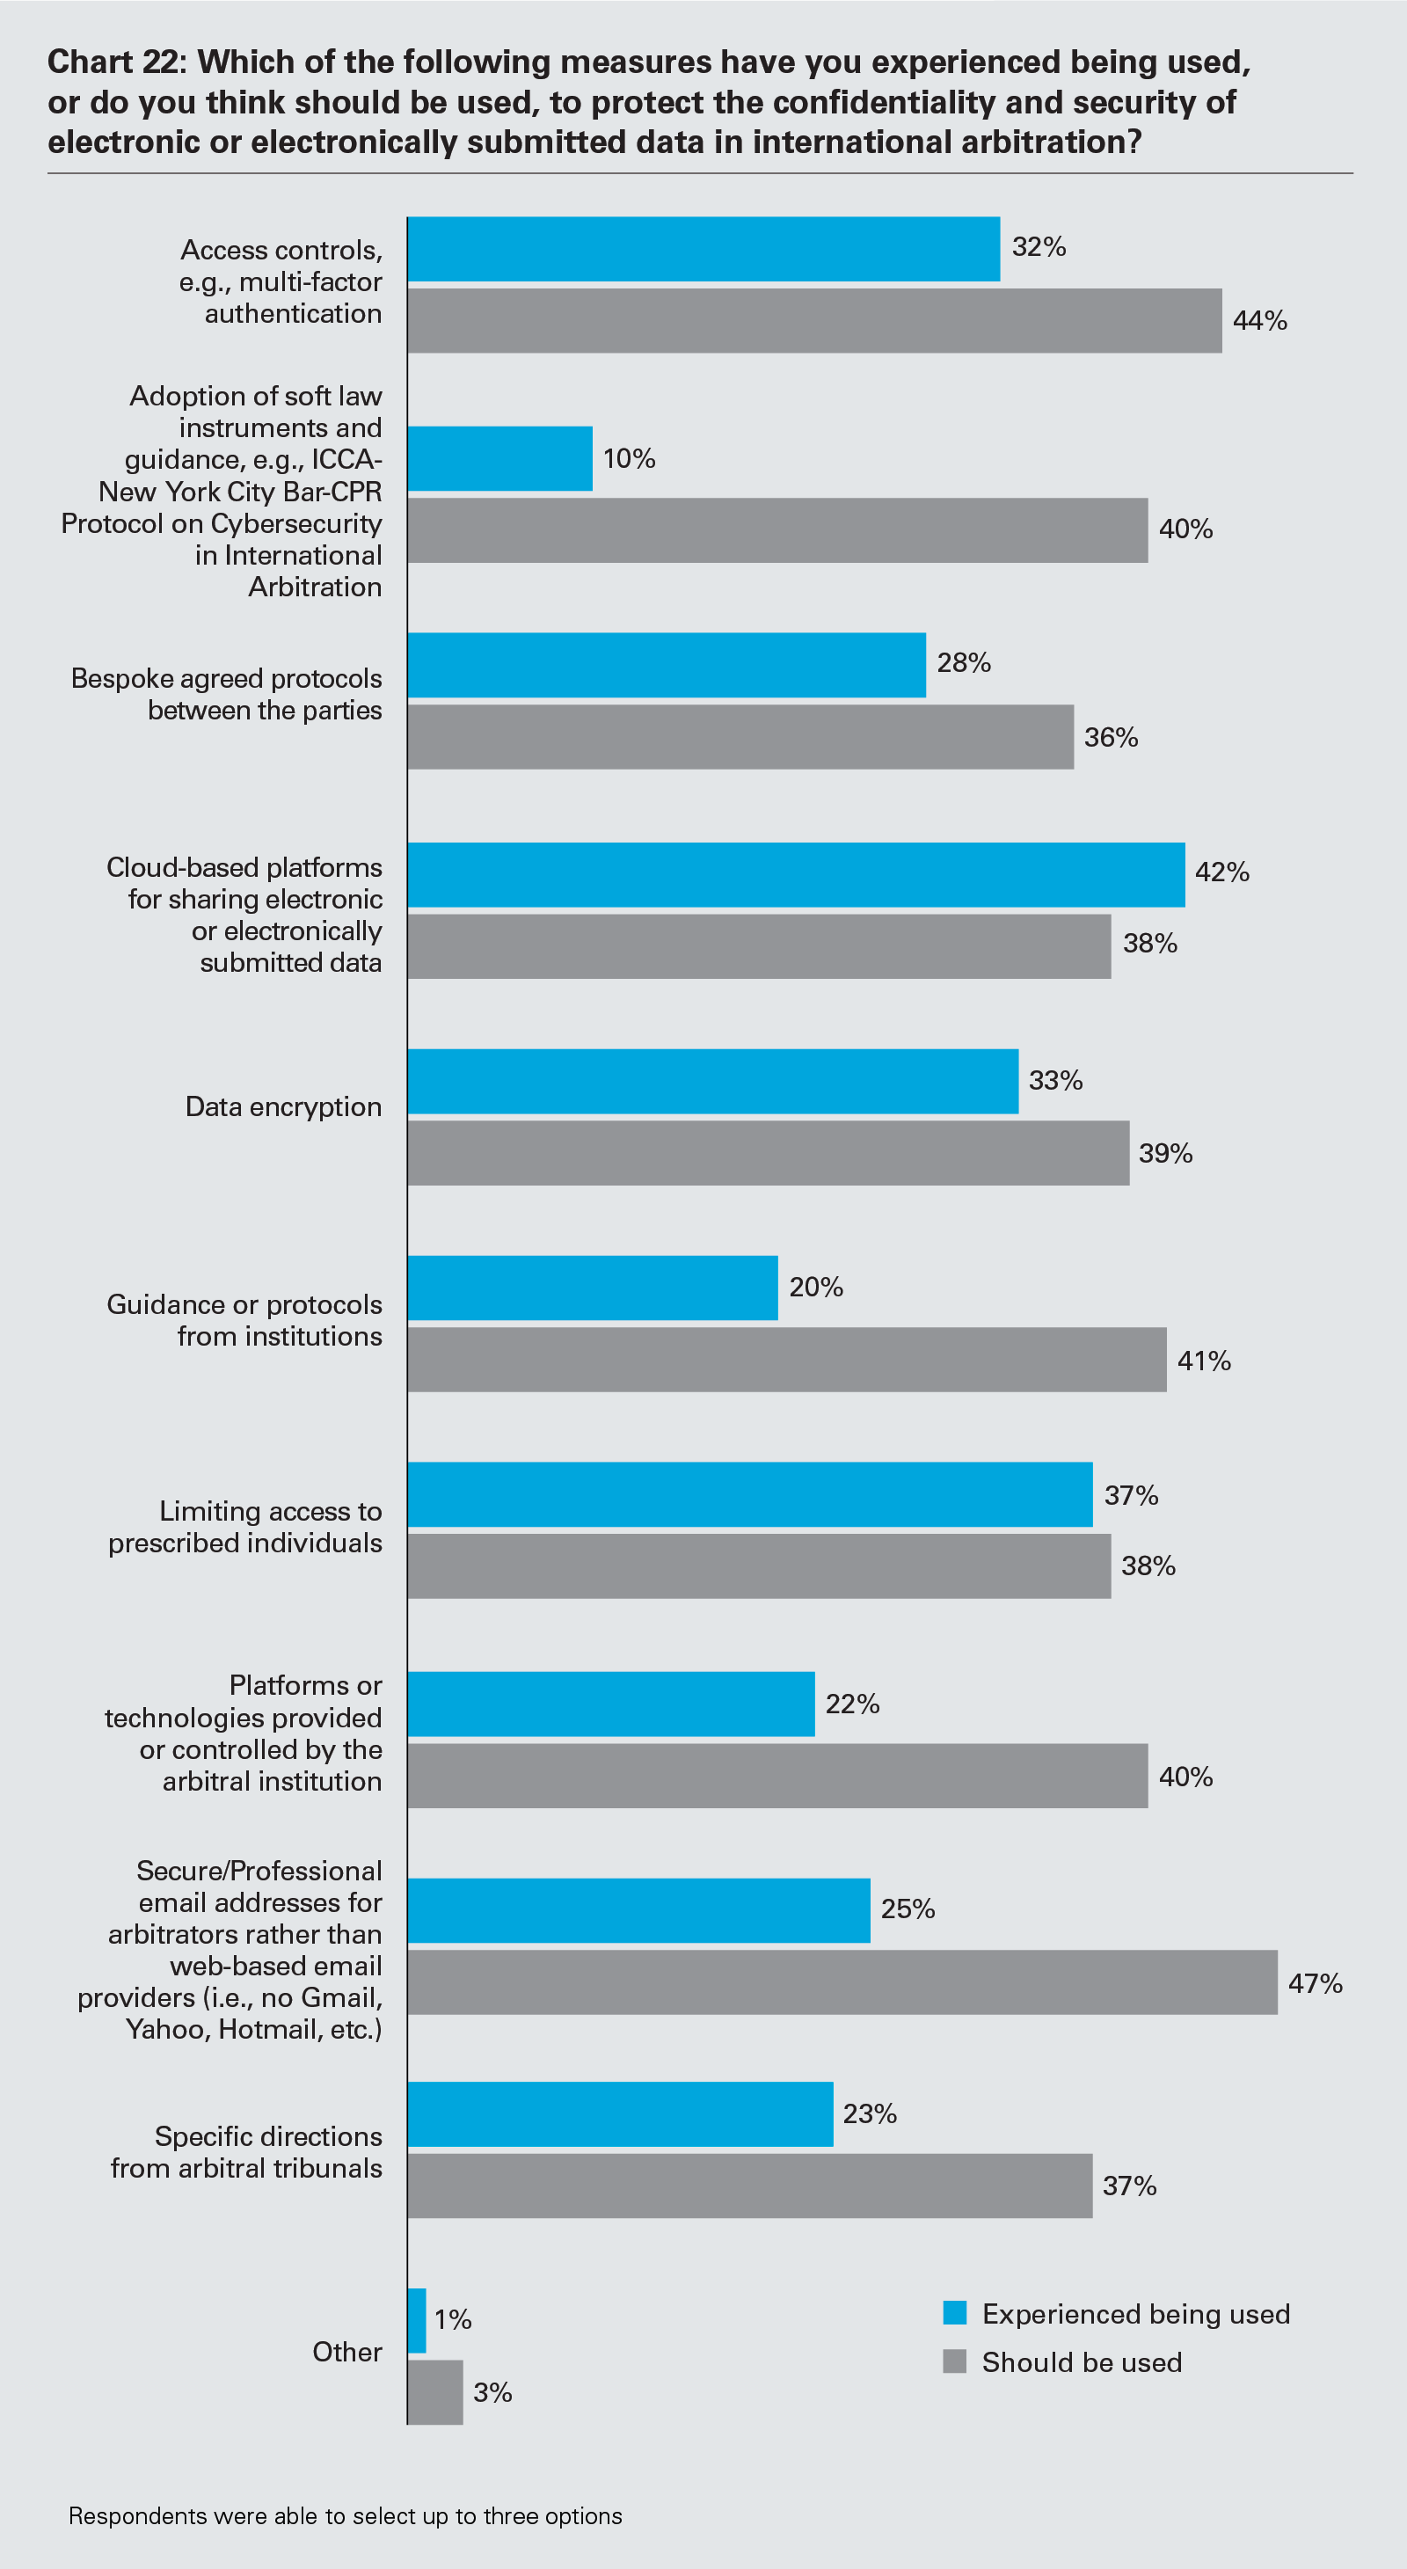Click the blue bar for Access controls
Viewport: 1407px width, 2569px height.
[703, 249]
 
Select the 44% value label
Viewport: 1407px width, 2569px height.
[1259, 321]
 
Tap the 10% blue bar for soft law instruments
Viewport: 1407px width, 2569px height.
[499, 459]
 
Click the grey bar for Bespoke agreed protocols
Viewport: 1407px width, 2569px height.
[740, 737]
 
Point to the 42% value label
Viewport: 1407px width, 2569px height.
[1221, 872]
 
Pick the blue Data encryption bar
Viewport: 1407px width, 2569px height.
[713, 1081]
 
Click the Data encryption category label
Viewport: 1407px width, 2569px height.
[283, 1107]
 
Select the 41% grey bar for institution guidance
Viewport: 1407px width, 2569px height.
[787, 1360]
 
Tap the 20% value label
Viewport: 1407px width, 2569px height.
[816, 1288]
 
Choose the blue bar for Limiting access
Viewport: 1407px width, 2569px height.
[750, 1494]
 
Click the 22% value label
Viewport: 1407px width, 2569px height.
[851, 1704]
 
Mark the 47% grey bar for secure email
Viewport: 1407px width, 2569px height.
[842, 1982]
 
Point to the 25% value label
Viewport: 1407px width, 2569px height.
[908, 1909]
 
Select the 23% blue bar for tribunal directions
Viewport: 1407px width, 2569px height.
[620, 2114]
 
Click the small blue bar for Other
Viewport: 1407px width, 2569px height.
[417, 2321]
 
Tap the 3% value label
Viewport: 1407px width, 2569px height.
[492, 2392]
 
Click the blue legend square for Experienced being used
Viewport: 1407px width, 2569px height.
[954, 2313]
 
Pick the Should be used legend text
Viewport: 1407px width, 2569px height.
[1082, 2362]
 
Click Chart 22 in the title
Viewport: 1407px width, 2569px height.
[116, 62]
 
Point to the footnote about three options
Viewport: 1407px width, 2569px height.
[345, 2516]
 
